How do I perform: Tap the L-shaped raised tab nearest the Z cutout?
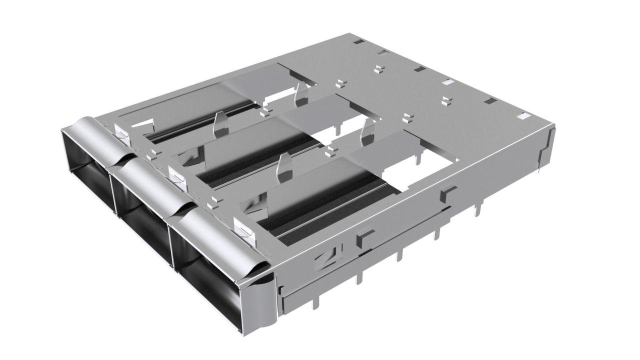[x=364, y=237]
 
